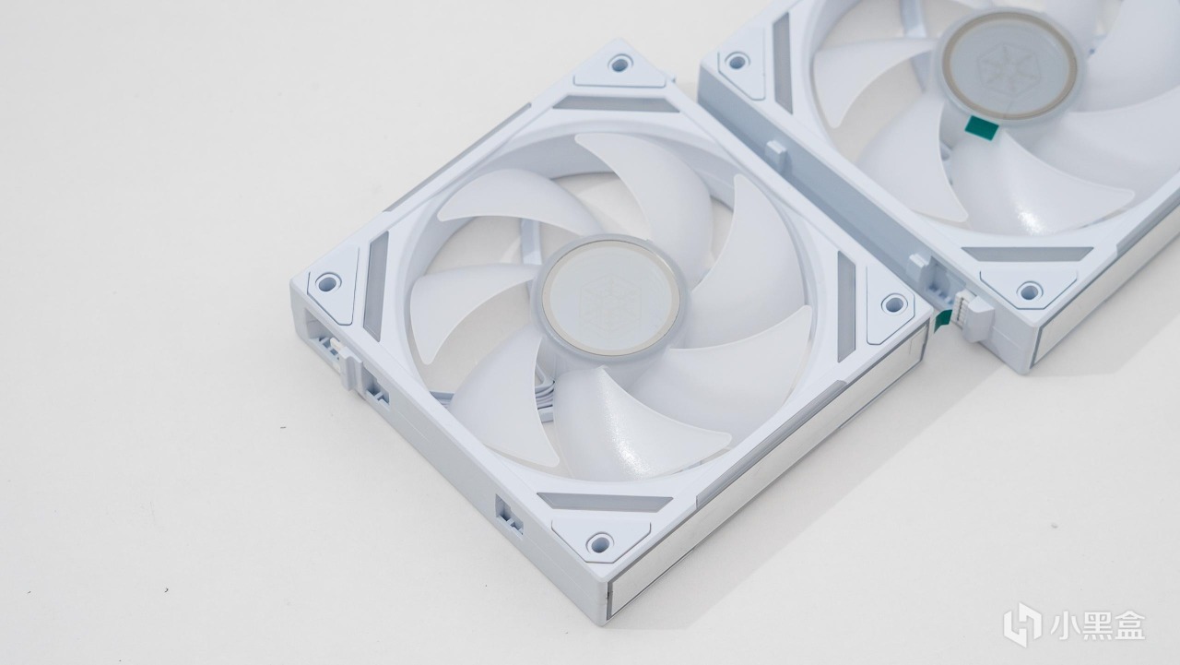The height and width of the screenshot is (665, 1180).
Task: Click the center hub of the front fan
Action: [606, 296]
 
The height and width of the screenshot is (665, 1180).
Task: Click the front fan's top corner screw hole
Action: [620, 64]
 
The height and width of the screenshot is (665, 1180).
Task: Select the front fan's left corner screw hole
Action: [327, 282]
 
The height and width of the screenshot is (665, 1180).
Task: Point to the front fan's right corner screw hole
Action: [893, 303]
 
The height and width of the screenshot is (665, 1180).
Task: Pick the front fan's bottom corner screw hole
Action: [599, 541]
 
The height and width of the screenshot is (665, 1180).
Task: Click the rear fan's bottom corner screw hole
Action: [1029, 291]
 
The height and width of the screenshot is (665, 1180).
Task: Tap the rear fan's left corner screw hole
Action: [737, 60]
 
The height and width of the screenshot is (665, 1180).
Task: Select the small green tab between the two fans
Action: [942, 321]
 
